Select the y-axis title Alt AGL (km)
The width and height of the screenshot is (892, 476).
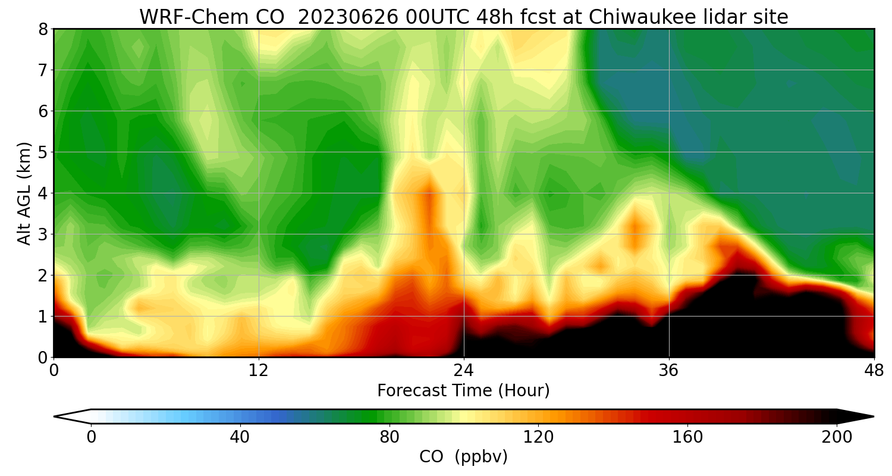[x=24, y=193]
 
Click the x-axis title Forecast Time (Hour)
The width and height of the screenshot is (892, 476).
[x=463, y=391]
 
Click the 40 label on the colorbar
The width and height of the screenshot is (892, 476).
[x=240, y=437]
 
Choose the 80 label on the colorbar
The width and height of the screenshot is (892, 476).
[x=390, y=437]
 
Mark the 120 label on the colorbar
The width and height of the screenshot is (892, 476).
[x=539, y=437]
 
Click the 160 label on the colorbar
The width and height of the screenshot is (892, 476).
[x=688, y=437]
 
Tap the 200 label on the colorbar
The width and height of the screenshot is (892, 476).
[x=837, y=437]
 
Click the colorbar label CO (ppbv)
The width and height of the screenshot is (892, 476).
[x=463, y=457]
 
